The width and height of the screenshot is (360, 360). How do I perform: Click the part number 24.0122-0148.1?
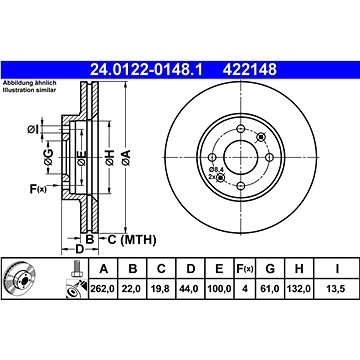click(146, 70)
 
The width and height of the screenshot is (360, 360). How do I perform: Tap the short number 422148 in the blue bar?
click(250, 70)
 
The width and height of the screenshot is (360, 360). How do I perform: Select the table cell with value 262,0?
click(103, 289)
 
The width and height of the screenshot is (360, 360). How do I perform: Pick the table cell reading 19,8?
click(161, 289)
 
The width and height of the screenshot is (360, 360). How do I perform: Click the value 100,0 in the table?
click(219, 289)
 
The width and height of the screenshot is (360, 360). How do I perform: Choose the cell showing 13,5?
click(337, 289)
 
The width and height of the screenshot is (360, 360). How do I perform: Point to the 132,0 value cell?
click(299, 289)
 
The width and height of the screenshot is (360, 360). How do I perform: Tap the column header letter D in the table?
click(190, 268)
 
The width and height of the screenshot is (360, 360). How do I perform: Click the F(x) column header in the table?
click(245, 269)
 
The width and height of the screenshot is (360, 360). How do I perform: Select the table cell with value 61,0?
click(270, 289)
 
